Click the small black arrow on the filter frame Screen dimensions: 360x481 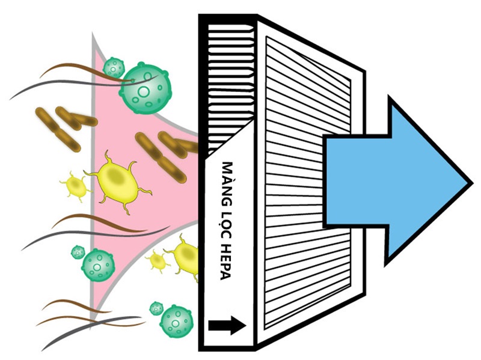pyautogui.click(x=227, y=326)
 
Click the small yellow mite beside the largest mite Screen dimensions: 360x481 pyautogui.click(x=76, y=186)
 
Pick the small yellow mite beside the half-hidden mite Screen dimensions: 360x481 pyautogui.click(x=157, y=261)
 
